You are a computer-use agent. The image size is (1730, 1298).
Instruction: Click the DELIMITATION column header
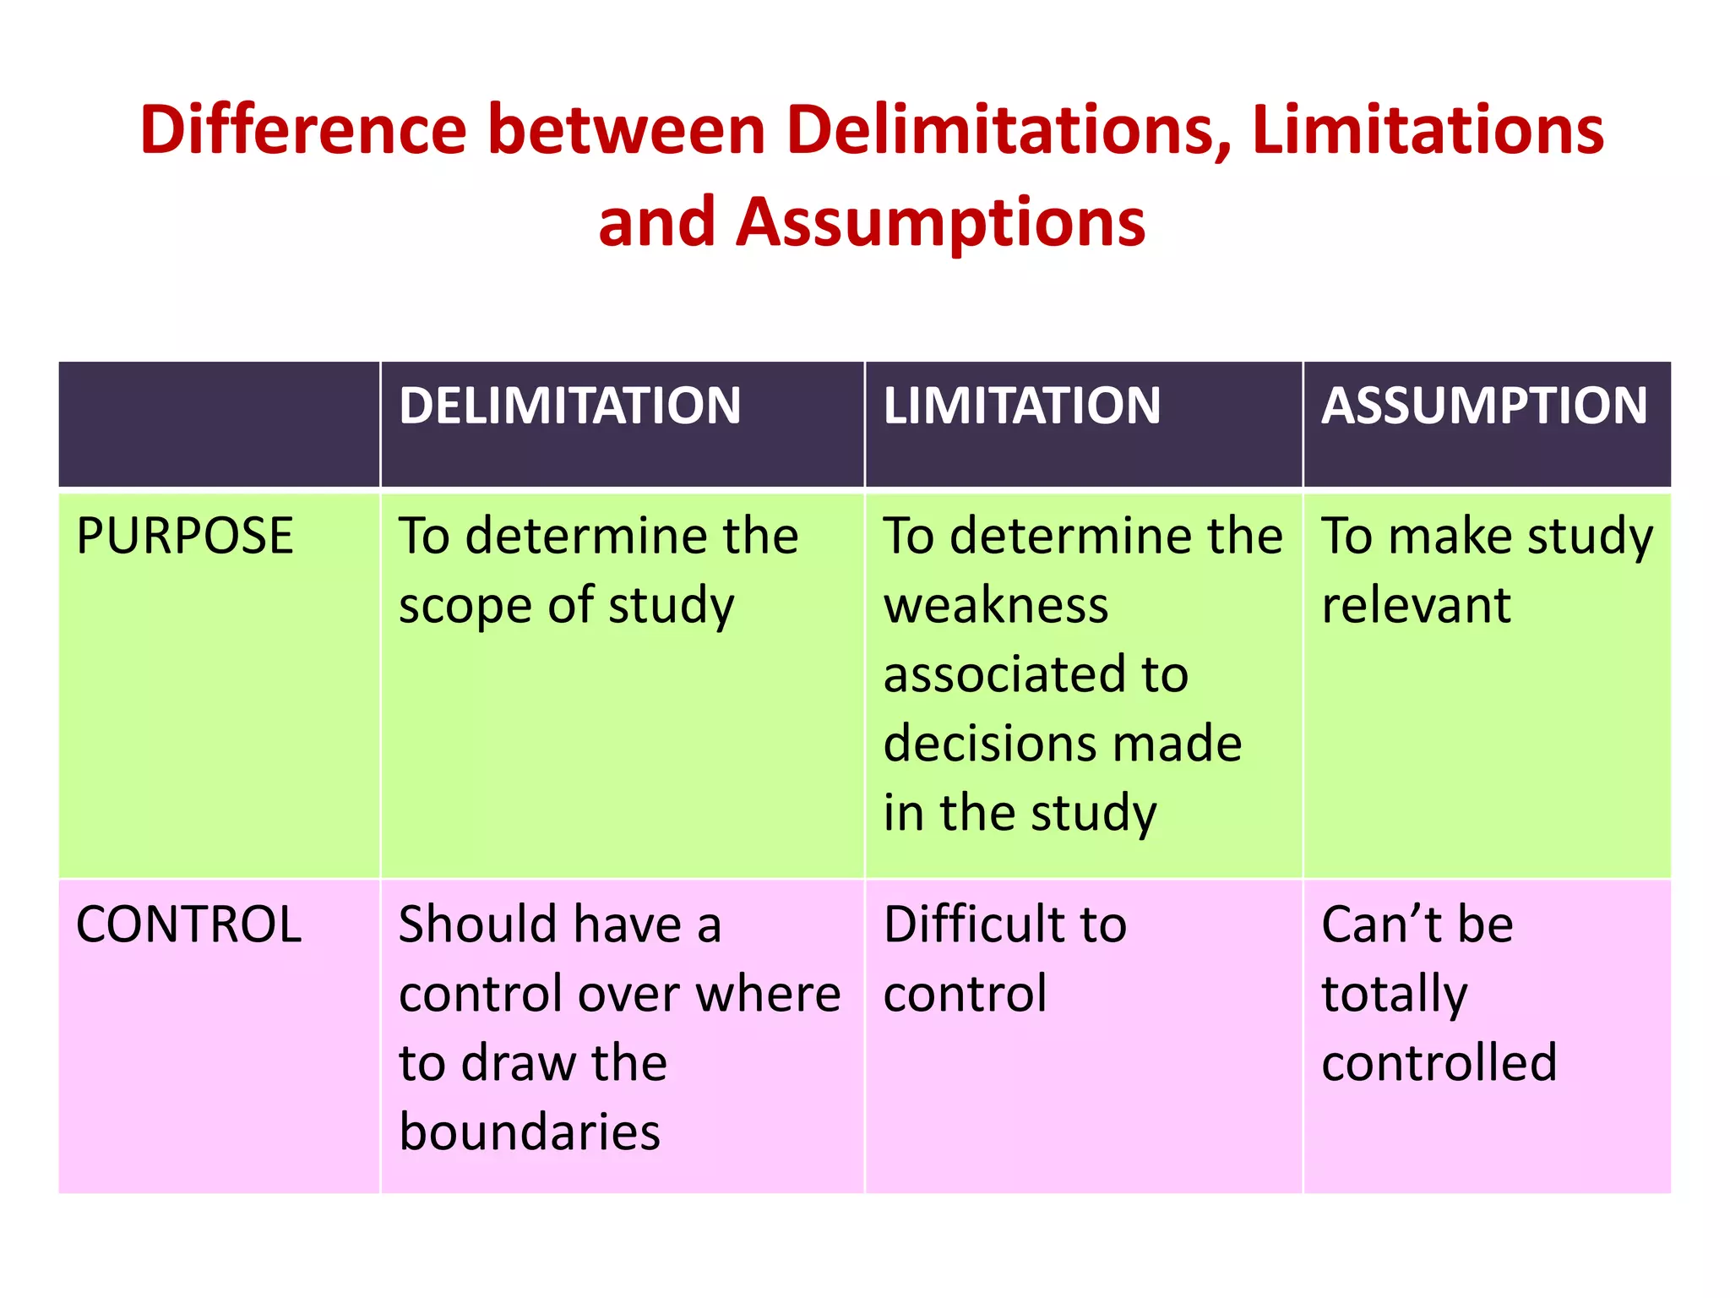569,406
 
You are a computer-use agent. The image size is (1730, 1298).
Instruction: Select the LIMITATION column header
1021,406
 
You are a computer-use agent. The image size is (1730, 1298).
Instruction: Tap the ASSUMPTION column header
1484,406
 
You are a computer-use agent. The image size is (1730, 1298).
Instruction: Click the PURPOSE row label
184,536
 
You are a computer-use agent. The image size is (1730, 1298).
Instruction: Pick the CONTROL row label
188,924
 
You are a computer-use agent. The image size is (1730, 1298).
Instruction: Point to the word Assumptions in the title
940,222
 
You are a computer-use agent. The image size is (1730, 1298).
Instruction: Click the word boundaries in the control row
530,1132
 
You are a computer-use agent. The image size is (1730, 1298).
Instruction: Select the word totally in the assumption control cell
1394,995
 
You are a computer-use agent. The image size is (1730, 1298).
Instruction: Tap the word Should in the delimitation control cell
476,924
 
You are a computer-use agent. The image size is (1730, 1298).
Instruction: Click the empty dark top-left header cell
219,424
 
